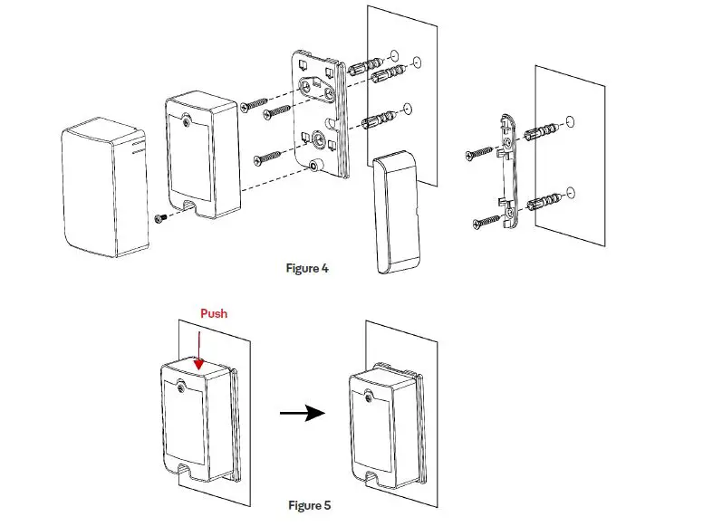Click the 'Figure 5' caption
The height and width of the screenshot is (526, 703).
click(x=310, y=505)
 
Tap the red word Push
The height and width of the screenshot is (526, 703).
click(x=214, y=313)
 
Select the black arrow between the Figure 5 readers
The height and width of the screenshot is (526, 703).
click(x=303, y=414)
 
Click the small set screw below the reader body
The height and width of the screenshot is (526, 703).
click(x=160, y=217)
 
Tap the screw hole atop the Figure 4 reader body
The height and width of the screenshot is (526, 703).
click(x=186, y=118)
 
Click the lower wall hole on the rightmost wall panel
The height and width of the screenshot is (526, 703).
click(x=569, y=193)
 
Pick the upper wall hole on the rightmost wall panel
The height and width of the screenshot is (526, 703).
click(x=569, y=120)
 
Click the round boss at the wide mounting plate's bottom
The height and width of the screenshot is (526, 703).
click(x=314, y=167)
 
